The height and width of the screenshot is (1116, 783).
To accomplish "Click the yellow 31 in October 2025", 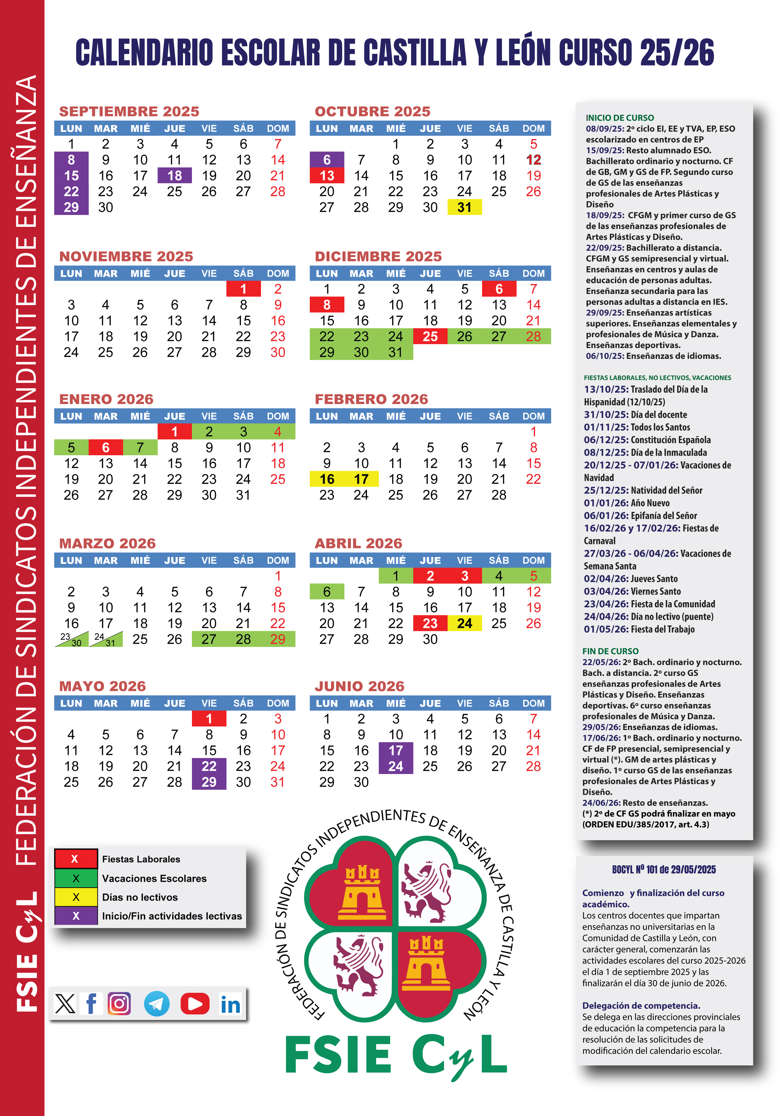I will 464,207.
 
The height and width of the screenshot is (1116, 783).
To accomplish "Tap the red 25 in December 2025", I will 430,336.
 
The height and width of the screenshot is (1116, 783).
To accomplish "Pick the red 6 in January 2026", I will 106,447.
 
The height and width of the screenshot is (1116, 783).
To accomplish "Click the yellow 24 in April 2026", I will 464,623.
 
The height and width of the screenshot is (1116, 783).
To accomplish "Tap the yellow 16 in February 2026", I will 327,479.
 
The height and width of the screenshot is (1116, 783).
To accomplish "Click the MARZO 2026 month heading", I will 108,543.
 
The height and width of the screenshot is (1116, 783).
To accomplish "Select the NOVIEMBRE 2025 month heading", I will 126,256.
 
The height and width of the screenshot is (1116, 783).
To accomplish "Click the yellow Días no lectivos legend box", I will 76,897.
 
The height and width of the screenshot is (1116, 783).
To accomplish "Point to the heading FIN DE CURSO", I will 610,651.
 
